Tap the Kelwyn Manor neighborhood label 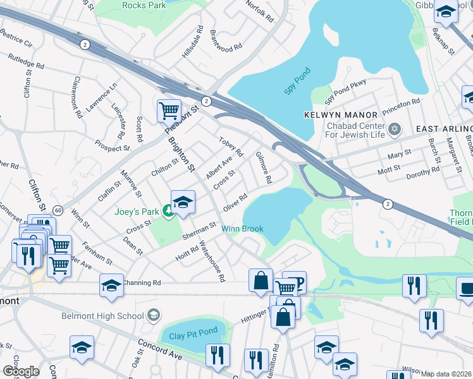click(341, 115)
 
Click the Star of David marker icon click(395, 129)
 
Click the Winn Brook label click(242, 229)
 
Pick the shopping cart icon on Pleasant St click(169, 111)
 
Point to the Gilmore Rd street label click(264, 167)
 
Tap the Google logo click(21, 371)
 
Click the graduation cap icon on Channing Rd click(111, 284)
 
